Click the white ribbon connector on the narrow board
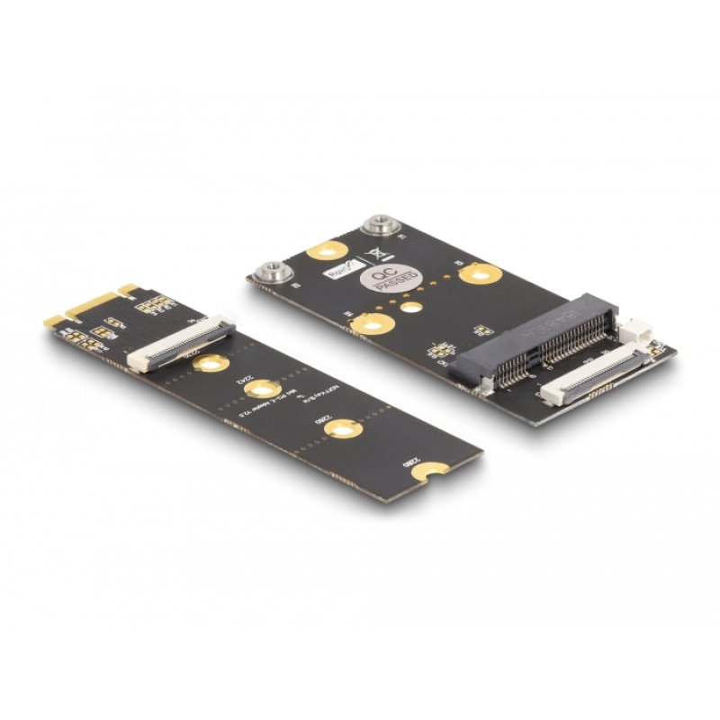[181, 343]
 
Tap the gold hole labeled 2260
[342, 430]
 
